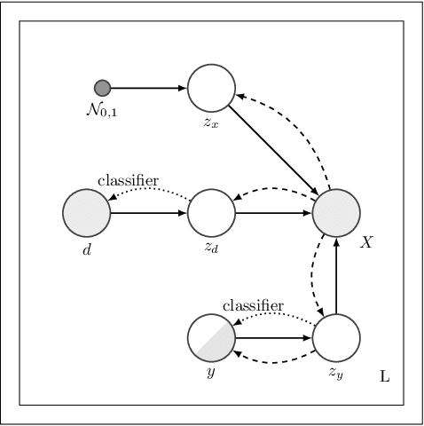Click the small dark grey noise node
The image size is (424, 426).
[x=102, y=87]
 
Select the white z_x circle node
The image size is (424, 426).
[x=211, y=87]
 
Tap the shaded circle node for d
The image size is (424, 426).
[x=86, y=213]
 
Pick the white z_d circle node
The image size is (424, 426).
[x=211, y=213]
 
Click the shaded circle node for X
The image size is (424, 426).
[x=336, y=213]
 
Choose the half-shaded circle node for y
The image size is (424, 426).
[x=211, y=338]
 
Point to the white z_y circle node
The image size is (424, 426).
[x=336, y=338]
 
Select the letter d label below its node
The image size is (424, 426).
[x=86, y=249]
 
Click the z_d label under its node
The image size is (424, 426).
[x=211, y=248]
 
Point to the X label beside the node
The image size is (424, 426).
[x=365, y=242]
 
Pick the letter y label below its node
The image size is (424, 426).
[x=211, y=374]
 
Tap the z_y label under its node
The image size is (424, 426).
[x=336, y=374]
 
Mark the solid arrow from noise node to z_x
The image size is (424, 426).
[x=148, y=87]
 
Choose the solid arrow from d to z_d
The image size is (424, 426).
[x=148, y=213]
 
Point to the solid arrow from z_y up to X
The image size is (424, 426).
[x=336, y=275]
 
